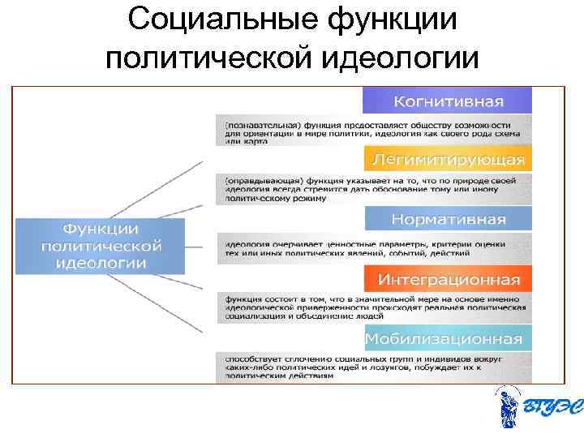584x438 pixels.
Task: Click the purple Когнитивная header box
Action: pos(447,101)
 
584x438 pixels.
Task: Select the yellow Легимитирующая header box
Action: pos(447,158)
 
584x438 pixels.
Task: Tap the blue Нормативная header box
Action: pos(447,219)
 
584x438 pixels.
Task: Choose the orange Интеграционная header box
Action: pos(447,280)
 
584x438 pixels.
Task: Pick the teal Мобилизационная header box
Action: pos(447,337)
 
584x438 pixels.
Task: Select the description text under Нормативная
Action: pos(374,247)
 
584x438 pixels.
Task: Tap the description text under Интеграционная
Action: pos(374,307)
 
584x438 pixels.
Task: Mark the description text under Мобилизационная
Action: pos(374,367)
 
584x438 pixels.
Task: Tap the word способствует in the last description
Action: pos(249,358)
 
